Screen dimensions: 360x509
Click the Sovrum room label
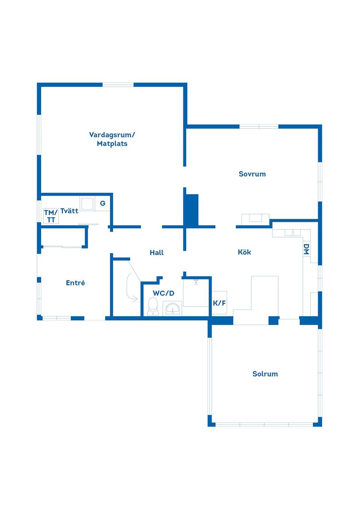(x=252, y=174)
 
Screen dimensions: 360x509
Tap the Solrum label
(x=265, y=374)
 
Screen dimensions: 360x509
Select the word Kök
(x=244, y=252)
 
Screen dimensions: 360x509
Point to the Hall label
(x=157, y=253)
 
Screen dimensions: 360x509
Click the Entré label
(x=75, y=283)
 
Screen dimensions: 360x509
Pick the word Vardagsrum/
(x=112, y=135)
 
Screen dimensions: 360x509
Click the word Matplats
(x=112, y=144)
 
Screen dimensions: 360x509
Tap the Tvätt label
(x=69, y=211)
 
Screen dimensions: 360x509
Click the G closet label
(x=103, y=203)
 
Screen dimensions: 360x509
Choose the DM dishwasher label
(x=306, y=249)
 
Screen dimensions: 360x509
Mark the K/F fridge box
(x=219, y=303)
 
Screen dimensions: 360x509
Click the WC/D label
(x=163, y=293)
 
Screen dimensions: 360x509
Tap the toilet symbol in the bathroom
(x=153, y=307)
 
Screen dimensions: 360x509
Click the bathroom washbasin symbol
(x=172, y=308)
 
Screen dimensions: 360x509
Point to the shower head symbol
(x=196, y=282)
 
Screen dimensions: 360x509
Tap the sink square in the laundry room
(x=87, y=204)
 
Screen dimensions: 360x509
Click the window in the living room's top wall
(x=118, y=85)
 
